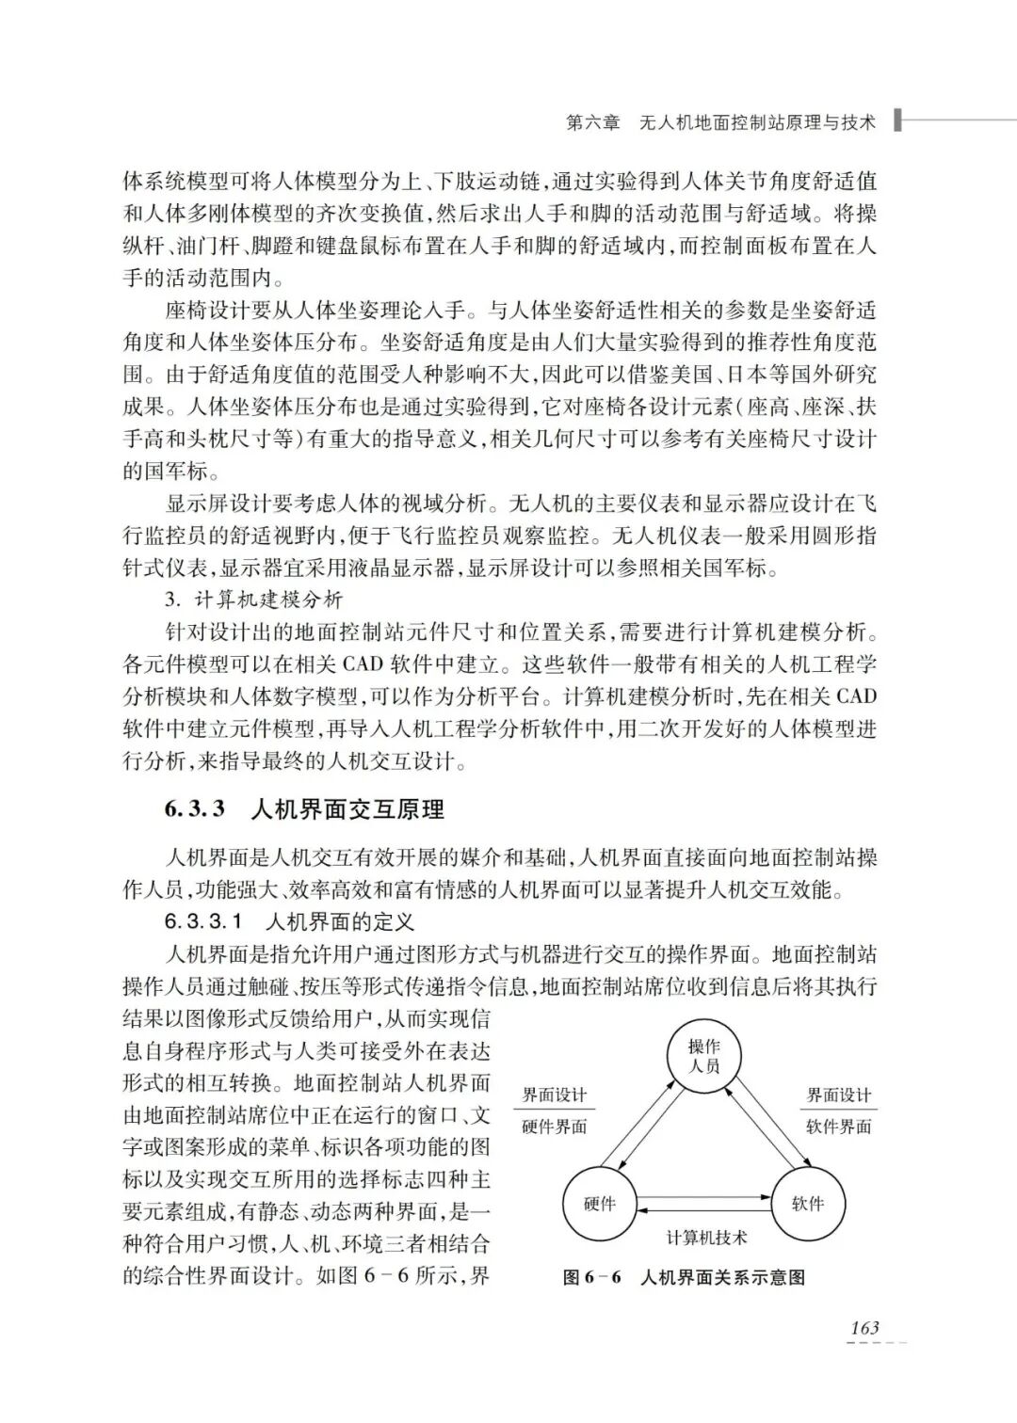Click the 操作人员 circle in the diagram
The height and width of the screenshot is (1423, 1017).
tap(703, 1056)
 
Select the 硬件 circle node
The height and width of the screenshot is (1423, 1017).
tap(599, 1204)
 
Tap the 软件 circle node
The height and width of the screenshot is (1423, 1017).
tap(808, 1204)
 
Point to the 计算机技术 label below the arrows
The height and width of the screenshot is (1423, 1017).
tap(706, 1237)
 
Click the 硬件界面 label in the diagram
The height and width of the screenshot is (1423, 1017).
tap(555, 1127)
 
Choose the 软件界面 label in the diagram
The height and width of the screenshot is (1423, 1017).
tap(839, 1127)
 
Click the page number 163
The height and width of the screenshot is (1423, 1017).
tap(864, 1328)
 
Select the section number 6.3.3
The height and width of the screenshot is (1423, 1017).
tap(195, 809)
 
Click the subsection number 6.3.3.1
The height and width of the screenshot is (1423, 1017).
tap(203, 920)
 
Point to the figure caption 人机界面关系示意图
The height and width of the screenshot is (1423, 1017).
tap(722, 1277)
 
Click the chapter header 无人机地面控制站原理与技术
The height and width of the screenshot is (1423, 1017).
tap(757, 122)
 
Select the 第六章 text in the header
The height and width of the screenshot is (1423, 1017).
tap(593, 122)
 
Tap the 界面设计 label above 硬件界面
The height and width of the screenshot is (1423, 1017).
tap(555, 1095)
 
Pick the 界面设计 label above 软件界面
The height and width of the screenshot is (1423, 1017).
tap(839, 1095)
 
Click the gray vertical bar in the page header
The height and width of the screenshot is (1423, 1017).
tap(897, 120)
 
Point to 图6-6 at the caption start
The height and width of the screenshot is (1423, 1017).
tap(592, 1277)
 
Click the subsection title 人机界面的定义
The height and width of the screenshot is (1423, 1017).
tap(341, 920)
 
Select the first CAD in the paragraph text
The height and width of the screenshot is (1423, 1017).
tap(362, 664)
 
